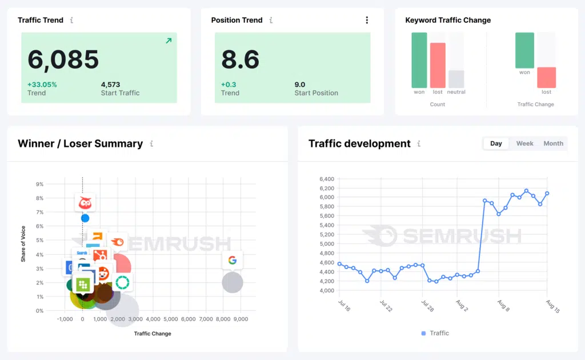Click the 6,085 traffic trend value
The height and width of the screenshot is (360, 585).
pos(63,60)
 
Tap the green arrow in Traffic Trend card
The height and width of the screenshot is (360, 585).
pos(169,41)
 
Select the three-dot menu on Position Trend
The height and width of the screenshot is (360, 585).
pos(367,20)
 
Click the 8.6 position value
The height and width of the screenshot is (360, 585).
pos(240,60)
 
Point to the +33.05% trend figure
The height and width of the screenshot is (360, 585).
pos(42,85)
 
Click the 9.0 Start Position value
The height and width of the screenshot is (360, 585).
pos(300,85)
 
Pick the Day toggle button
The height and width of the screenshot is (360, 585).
pos(496,143)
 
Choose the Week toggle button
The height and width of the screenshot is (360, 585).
pos(524,143)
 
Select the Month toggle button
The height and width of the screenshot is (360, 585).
pos(553,143)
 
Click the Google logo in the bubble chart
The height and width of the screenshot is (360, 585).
pos(232,261)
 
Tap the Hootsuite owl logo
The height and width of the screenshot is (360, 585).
pos(85,202)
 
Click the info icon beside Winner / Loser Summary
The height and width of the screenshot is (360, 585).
pos(151,144)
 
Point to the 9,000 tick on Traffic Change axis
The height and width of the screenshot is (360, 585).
pos(241,319)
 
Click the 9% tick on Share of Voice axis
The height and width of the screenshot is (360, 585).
pos(40,185)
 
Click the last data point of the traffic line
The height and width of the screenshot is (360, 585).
pos(547,193)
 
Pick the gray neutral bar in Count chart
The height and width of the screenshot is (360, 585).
pos(456,79)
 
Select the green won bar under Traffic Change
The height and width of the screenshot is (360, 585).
pos(524,50)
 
